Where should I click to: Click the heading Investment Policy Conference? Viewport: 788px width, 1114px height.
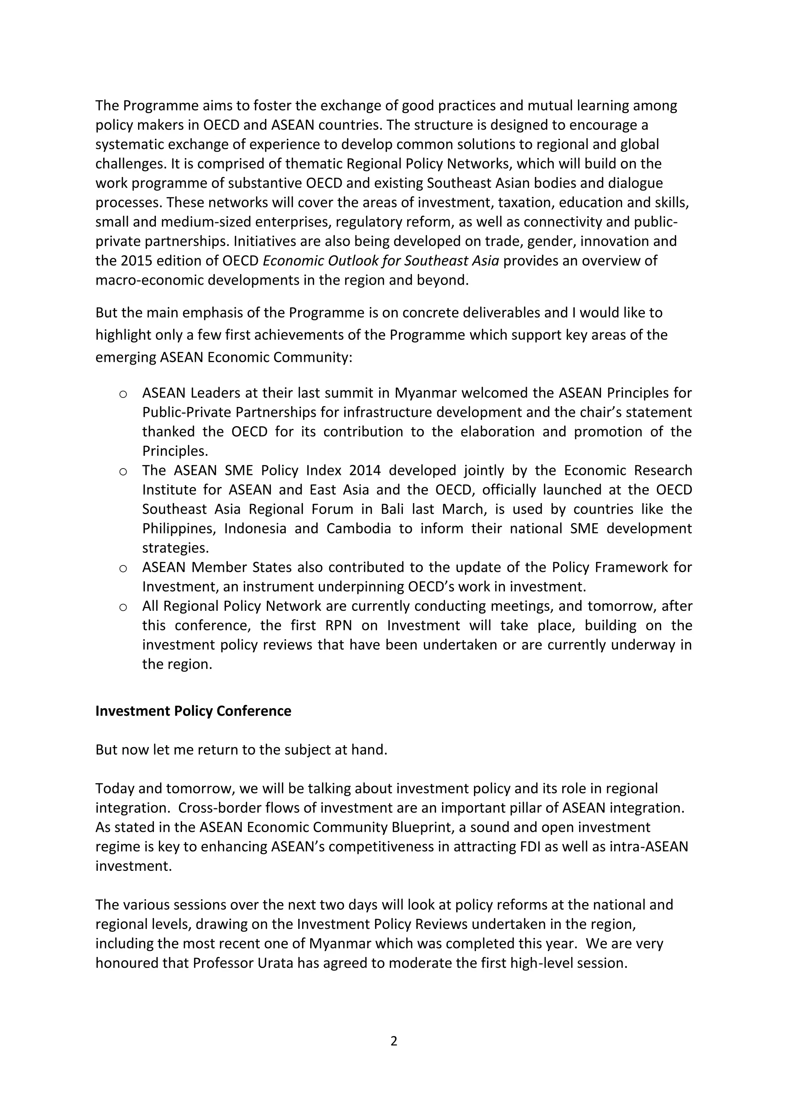(x=193, y=711)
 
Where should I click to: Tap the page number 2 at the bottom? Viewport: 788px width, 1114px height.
(x=394, y=1041)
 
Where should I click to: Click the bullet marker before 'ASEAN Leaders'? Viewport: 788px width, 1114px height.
(x=123, y=394)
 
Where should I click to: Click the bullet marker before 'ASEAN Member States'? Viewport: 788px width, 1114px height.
(x=123, y=568)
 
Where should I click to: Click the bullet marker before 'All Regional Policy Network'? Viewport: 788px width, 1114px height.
(x=123, y=607)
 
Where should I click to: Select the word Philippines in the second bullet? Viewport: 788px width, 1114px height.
(x=179, y=529)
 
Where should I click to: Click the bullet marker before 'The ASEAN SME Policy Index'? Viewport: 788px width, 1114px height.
(x=123, y=471)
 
